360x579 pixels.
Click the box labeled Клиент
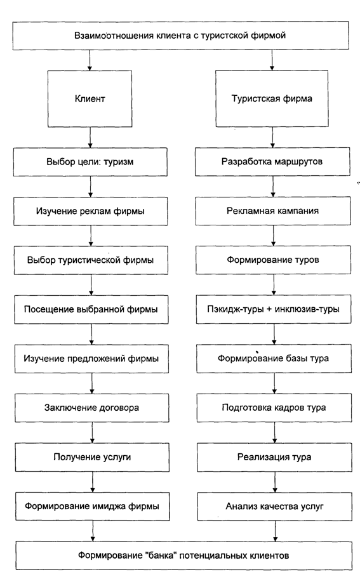pos(90,98)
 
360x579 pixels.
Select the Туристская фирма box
pos(272,98)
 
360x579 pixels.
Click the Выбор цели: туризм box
pos(90,162)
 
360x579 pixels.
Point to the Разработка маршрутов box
pos(272,161)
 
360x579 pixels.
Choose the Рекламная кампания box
pos(273,211)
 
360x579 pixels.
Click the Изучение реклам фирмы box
pos(90,211)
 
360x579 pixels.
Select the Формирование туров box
pos(273,260)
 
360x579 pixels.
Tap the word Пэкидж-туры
pos(235,309)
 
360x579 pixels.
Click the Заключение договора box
pos(92,408)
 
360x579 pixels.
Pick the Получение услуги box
pos(92,457)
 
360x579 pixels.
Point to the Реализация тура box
pos(274,457)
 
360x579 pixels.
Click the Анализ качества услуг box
pos(275,506)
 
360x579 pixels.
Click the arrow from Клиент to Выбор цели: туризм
pos(90,137)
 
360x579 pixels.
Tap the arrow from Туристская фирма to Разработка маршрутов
pos(272,137)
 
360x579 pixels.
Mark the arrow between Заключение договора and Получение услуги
pos(92,433)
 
